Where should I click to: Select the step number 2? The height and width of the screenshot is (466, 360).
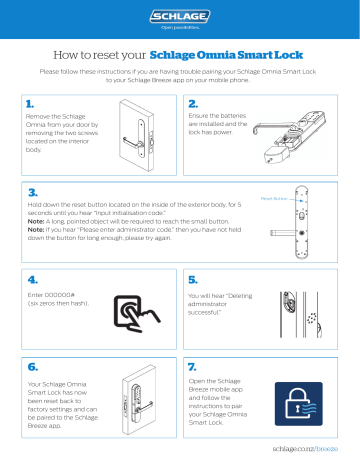(x=194, y=102)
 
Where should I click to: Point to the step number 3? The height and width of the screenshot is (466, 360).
(x=32, y=190)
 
